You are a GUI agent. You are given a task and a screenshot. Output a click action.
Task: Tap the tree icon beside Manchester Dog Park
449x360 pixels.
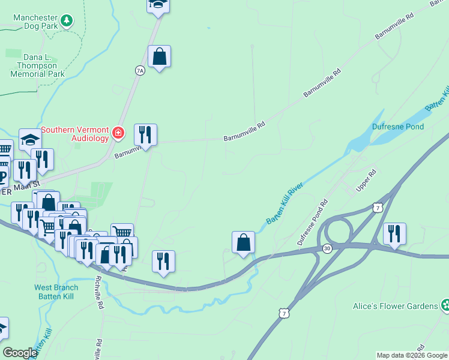click(67, 22)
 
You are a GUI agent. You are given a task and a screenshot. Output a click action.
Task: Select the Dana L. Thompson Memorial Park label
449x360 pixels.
click(37, 65)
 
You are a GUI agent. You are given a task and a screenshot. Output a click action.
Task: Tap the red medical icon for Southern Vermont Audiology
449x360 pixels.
click(118, 133)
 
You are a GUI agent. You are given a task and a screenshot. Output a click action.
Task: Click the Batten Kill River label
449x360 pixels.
click(285, 203)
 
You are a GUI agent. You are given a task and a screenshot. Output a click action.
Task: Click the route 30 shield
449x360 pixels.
click(327, 248)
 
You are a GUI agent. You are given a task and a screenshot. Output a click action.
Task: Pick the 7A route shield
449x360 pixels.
click(140, 70)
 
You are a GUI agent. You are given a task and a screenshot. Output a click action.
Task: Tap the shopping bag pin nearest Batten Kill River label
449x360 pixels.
click(243, 242)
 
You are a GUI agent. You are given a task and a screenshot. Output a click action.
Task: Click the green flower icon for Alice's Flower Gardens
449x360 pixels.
click(445, 305)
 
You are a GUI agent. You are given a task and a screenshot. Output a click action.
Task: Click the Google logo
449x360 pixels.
click(20, 353)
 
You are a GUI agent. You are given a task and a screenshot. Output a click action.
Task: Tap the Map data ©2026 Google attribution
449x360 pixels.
click(412, 355)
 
